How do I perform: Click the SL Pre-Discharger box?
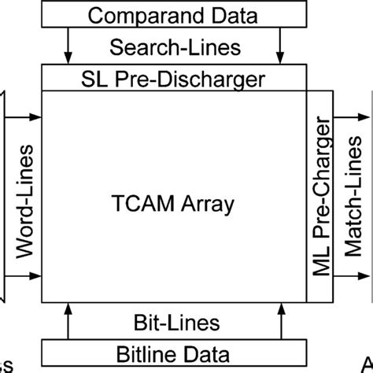point(173,78)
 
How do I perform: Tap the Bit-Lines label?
point(175,323)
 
